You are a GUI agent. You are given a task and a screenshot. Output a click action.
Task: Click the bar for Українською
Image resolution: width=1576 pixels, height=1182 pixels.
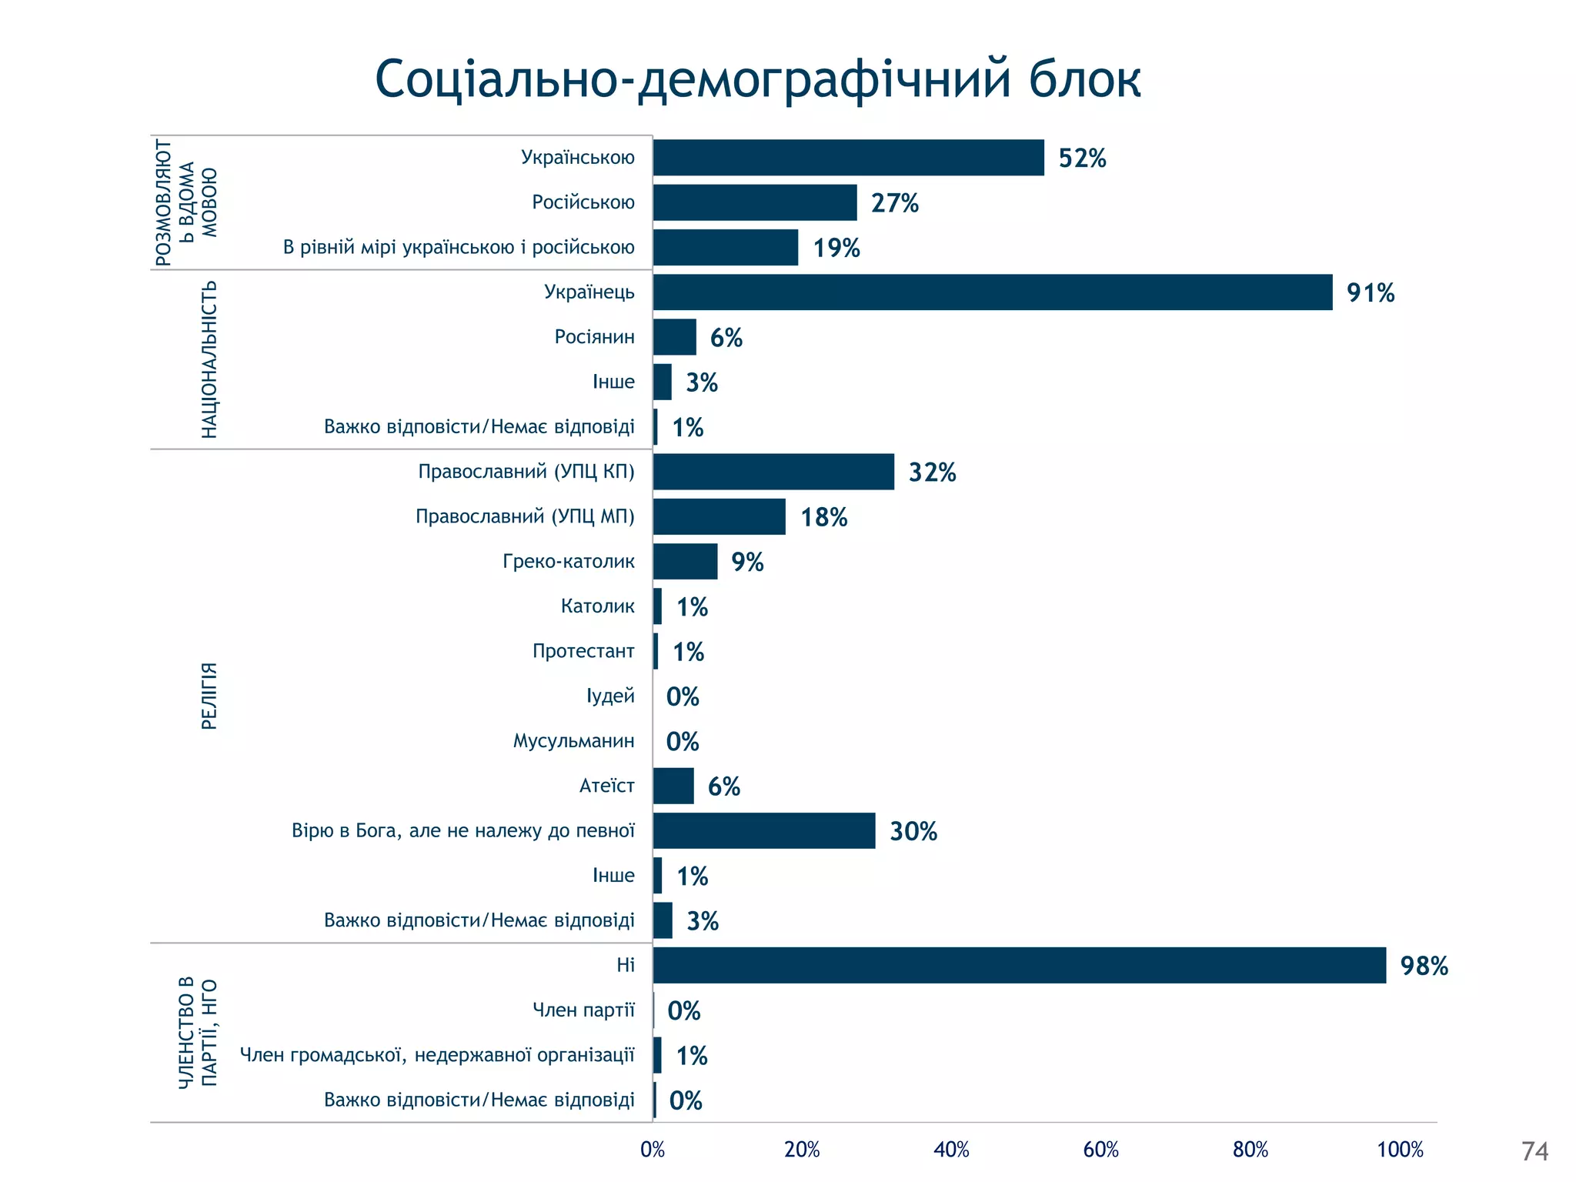[848, 158]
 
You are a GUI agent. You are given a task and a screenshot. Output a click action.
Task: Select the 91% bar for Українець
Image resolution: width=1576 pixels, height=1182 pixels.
[993, 292]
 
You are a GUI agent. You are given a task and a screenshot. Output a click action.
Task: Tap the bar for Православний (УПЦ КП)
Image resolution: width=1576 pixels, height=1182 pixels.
[773, 472]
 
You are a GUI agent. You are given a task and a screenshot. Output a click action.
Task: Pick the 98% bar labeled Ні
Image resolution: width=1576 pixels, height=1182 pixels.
[1019, 965]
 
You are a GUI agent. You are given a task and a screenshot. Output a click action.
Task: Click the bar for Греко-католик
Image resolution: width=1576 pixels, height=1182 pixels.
[685, 562]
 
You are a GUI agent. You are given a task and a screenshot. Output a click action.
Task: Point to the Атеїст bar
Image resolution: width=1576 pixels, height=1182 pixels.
[673, 786]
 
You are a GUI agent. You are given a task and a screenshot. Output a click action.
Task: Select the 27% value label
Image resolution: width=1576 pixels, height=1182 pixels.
[894, 203]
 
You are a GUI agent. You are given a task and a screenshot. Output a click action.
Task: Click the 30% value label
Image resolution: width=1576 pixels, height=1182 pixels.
[913, 831]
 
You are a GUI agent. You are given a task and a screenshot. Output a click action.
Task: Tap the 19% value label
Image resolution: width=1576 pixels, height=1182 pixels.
[836, 248]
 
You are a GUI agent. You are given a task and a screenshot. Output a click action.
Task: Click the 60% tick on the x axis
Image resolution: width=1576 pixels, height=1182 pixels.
[1100, 1150]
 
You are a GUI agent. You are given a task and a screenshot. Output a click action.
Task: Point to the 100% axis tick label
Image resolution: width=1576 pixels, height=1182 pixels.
[1400, 1150]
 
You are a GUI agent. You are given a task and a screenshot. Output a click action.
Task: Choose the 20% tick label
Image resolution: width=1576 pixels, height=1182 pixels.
[802, 1150]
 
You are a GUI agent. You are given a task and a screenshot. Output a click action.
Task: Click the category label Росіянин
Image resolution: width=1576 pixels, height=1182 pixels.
[594, 337]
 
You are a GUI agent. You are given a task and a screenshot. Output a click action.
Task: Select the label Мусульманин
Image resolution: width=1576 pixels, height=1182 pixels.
[573, 741]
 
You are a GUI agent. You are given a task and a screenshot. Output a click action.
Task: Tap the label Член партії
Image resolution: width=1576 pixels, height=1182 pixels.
[583, 1010]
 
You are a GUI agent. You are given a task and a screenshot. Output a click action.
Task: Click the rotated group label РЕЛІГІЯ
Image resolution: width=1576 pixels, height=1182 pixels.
[209, 696]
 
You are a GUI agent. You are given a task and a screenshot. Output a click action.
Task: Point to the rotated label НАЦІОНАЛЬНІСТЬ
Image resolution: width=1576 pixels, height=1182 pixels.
[209, 359]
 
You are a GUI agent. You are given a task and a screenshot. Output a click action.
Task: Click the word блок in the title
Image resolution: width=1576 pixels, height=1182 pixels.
[1084, 78]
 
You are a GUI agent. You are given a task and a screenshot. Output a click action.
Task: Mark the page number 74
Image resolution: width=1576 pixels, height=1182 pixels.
[1534, 1151]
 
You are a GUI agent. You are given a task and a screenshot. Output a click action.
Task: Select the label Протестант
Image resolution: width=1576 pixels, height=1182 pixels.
[583, 651]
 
